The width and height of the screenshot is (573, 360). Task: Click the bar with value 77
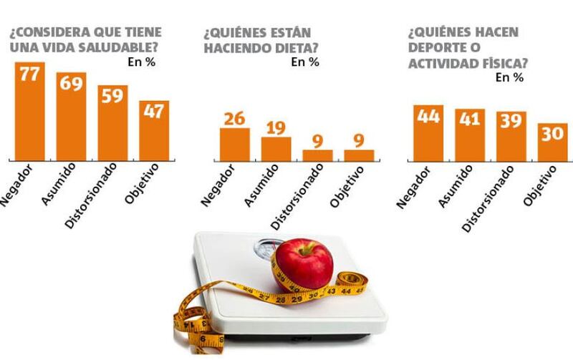[x=29, y=110]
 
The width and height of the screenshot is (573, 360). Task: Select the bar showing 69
[x=71, y=115]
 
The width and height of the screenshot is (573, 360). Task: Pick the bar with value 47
[x=154, y=130]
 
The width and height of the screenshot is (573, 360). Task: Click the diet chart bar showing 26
[x=234, y=143]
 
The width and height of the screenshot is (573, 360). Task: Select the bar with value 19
[x=276, y=147]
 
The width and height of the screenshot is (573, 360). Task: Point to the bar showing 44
[x=428, y=132]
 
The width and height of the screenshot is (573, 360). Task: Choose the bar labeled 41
[x=470, y=134]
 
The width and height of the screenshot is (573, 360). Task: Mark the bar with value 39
[x=511, y=135]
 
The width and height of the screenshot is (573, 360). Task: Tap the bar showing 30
[x=553, y=141]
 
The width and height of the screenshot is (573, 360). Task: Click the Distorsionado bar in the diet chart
[x=317, y=154]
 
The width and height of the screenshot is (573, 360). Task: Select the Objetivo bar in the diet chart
[x=359, y=154]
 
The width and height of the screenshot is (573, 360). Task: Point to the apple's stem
[x=302, y=246]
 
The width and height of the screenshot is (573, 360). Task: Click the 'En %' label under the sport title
[x=510, y=77]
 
